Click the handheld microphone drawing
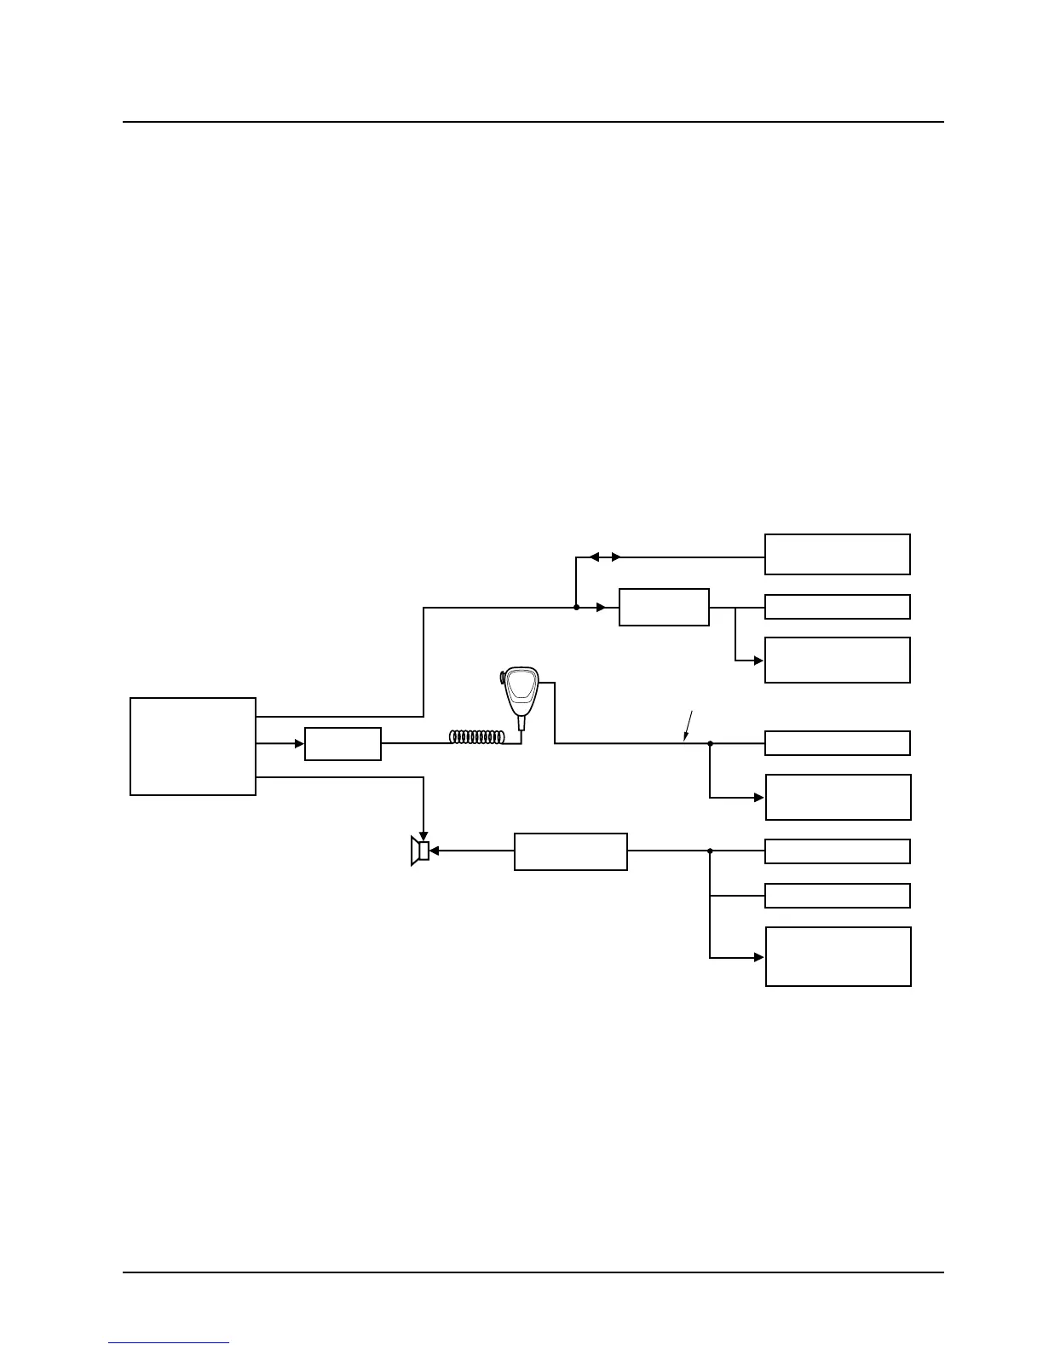pyautogui.click(x=521, y=695)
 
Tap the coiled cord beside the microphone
pyautogui.click(x=482, y=737)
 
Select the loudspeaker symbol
pyautogui.click(x=419, y=851)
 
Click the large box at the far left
pyautogui.click(x=193, y=747)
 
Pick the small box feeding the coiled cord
pyautogui.click(x=343, y=744)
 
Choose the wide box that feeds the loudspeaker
pyautogui.click(x=571, y=851)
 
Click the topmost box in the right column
pyautogui.click(x=838, y=555)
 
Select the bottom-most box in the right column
pyautogui.click(x=838, y=956)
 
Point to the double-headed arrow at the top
pyautogui.click(x=605, y=557)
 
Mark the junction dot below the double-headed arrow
pyautogui.click(x=577, y=608)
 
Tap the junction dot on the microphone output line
pyautogui.click(x=710, y=743)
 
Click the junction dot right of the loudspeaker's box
pyautogui.click(x=710, y=851)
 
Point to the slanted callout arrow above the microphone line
pyautogui.click(x=689, y=726)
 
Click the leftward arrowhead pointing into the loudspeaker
pyautogui.click(x=435, y=851)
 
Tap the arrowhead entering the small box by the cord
pyautogui.click(x=299, y=744)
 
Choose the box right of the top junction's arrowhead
pyautogui.click(x=664, y=607)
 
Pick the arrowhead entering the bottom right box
pyautogui.click(x=759, y=957)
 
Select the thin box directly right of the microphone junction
pyautogui.click(x=838, y=743)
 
